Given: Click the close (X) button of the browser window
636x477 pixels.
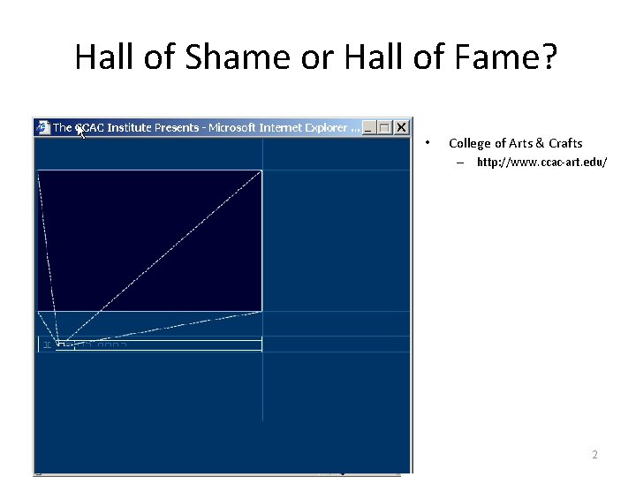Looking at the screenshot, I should click(x=401, y=127).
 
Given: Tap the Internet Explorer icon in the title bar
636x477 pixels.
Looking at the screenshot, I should click(x=43, y=127).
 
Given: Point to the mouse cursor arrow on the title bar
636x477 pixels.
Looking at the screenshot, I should click(x=79, y=132).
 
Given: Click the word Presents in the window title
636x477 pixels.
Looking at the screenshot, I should click(x=178, y=128).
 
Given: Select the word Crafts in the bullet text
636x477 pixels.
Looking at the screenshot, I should click(x=565, y=143).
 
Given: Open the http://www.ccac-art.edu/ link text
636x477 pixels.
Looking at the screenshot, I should click(x=541, y=163).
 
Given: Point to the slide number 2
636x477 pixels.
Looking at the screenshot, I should click(x=594, y=455).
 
